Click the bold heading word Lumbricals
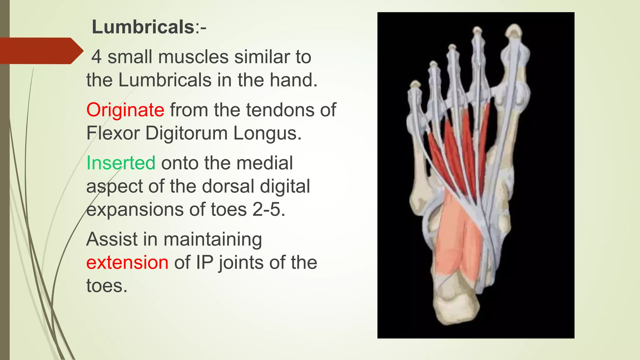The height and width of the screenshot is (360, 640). tap(143, 27)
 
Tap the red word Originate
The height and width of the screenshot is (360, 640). tap(125, 110)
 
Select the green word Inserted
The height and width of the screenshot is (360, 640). tap(121, 163)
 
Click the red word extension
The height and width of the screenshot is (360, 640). tap(127, 262)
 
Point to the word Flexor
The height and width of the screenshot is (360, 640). tap(113, 133)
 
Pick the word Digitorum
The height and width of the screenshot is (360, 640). tap(187, 133)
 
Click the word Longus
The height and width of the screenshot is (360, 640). tap(267, 134)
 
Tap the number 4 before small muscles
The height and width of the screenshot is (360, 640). tap(97, 57)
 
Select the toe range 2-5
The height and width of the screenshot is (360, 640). tap(268, 209)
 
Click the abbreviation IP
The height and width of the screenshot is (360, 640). tap(204, 262)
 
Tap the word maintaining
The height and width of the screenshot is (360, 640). tap(212, 240)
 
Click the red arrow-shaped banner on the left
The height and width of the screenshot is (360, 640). tap(39, 51)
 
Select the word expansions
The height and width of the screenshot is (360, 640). tap(135, 209)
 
